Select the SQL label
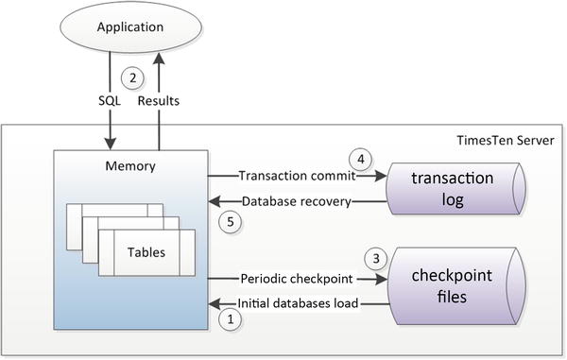110,98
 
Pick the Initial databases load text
301,303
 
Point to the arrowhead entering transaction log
382,175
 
